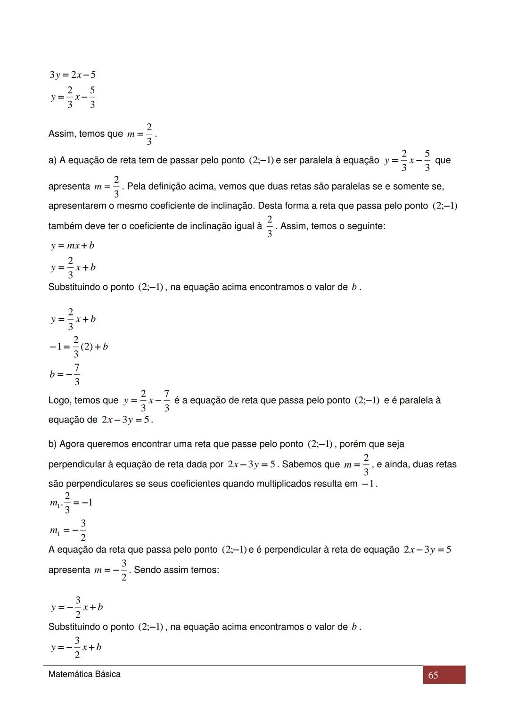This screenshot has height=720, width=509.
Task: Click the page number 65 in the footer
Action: click(x=433, y=675)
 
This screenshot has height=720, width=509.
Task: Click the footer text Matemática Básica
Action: click(x=84, y=674)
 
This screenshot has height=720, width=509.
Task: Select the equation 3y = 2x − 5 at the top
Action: click(x=73, y=74)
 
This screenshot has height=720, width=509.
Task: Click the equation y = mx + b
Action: click(x=73, y=246)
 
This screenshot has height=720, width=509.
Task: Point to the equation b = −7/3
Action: click(x=65, y=374)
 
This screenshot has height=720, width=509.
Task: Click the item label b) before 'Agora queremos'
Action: click(x=52, y=444)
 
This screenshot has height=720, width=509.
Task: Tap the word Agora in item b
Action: click(x=71, y=444)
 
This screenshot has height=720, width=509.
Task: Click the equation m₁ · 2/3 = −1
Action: click(x=71, y=503)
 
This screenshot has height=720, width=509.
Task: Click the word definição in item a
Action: click(x=170, y=186)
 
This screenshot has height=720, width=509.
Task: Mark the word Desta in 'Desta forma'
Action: click(x=270, y=206)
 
